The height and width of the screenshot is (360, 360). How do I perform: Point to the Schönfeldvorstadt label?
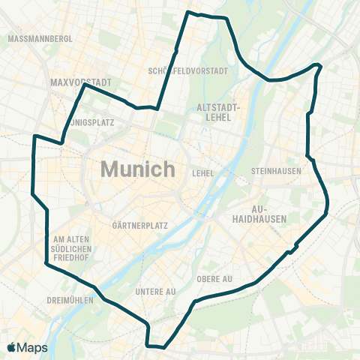188,71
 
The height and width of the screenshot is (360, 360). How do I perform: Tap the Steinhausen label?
276,171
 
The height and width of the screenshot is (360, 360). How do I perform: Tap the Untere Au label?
155,291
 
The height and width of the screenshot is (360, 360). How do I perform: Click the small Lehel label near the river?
203,173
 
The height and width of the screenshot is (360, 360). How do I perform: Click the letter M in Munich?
109,169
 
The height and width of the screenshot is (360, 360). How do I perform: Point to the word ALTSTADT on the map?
219,106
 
